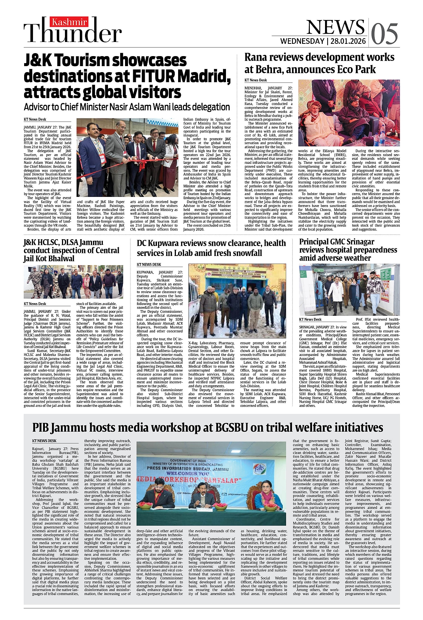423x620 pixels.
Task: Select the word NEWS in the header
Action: click(x=335, y=27)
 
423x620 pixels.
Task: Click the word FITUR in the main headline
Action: click(x=152, y=77)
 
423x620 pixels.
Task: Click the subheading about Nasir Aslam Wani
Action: click(x=127, y=107)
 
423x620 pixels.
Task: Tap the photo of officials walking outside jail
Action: click(x=73, y=282)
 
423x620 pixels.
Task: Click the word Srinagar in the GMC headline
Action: click(x=358, y=242)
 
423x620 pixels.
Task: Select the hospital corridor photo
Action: click(x=349, y=289)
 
